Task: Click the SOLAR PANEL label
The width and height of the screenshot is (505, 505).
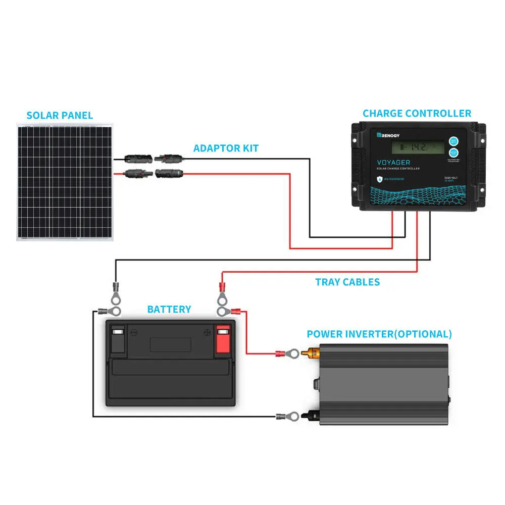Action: tap(60, 116)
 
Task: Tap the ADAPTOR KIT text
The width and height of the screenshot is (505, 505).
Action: tap(226, 148)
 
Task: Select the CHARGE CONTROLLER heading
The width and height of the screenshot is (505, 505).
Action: tap(417, 114)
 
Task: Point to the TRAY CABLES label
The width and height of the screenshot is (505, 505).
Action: tap(347, 282)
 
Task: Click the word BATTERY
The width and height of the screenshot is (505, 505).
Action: tap(169, 309)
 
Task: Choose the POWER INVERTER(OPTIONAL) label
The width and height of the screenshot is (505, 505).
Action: tap(379, 334)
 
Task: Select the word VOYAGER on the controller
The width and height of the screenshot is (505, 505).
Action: tap(393, 163)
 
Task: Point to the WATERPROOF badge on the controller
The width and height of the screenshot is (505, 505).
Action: tap(394, 179)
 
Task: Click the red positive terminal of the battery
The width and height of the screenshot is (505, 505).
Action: tap(223, 339)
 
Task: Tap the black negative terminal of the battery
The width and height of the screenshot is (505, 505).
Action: tap(118, 339)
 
